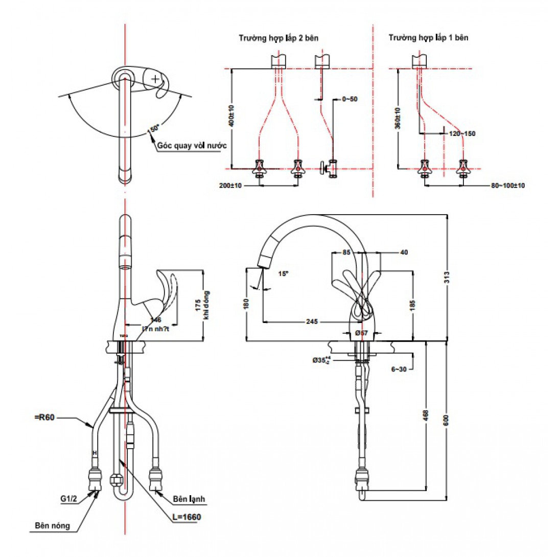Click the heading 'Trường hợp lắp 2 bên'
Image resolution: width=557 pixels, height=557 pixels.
[x=279, y=38]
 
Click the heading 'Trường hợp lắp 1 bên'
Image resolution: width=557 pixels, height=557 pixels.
[x=428, y=38]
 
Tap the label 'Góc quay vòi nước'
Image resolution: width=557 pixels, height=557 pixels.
[x=192, y=146]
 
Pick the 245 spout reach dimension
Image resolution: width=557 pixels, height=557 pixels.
[x=312, y=322]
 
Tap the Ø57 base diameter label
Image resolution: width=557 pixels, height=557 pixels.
[x=362, y=333]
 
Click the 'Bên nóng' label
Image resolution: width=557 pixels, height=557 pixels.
[x=52, y=525]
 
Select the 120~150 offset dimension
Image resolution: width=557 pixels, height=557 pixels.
[x=462, y=133]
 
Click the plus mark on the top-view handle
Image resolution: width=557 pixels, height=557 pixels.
[x=155, y=79]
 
